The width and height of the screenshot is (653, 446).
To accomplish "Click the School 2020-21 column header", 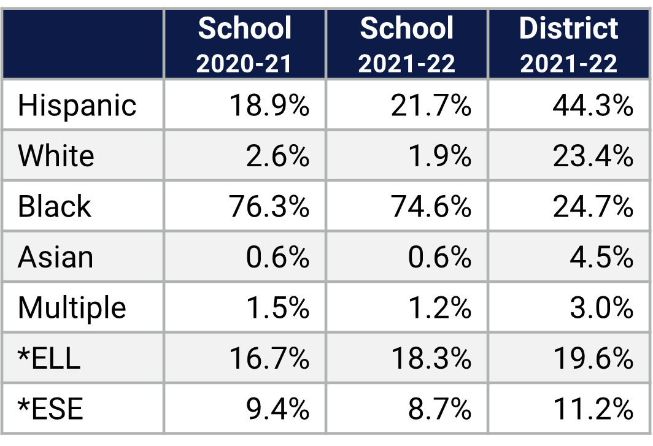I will click(245, 45).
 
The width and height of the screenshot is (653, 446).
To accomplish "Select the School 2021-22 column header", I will click(407, 45).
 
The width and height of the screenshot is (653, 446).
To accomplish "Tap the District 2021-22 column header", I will click(569, 45).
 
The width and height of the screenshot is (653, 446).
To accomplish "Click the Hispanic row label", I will click(77, 106).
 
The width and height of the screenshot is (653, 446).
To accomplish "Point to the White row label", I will click(56, 156).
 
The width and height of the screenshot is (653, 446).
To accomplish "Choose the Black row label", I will click(54, 206).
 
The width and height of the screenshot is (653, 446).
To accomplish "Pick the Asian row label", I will click(55, 257).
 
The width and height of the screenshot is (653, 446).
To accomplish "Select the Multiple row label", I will click(72, 308).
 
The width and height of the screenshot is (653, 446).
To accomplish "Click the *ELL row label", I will click(49, 358).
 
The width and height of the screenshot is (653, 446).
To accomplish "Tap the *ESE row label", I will click(50, 409).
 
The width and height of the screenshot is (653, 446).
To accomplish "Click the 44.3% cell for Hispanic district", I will click(592, 106).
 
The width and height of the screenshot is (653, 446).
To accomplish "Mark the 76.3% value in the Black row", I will click(269, 207).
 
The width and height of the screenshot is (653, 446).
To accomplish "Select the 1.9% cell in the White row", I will click(439, 156).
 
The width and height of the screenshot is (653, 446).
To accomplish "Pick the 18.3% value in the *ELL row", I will click(431, 358).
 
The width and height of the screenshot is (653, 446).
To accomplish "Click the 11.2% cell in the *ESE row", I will click(592, 409).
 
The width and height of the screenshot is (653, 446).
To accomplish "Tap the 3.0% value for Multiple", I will click(601, 308).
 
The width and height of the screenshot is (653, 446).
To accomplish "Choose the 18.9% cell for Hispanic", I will click(269, 106).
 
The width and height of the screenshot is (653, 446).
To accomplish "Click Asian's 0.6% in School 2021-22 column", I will click(439, 257).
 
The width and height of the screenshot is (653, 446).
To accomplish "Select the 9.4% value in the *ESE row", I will click(277, 409).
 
